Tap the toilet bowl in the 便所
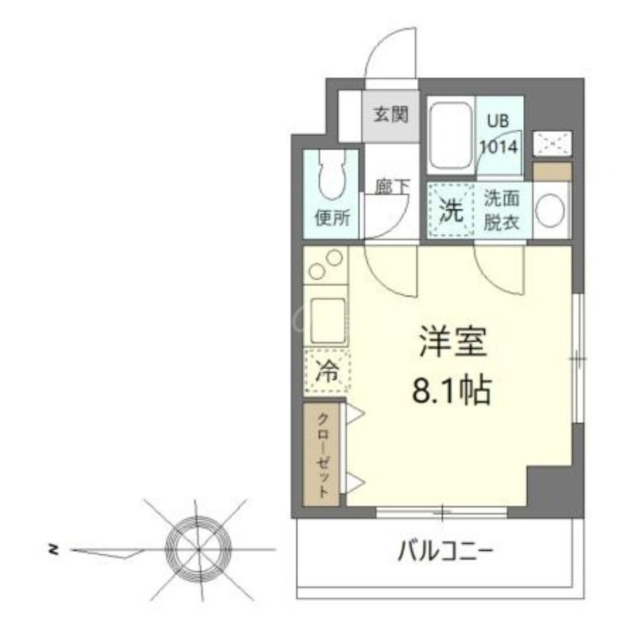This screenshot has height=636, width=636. click(x=331, y=176)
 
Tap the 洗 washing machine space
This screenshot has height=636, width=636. click(x=451, y=211)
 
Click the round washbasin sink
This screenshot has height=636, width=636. click(x=549, y=211)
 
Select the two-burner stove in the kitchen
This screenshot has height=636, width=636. click(x=325, y=266)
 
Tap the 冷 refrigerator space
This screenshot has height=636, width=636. click(x=326, y=370)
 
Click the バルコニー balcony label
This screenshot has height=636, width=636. click(x=444, y=551)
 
